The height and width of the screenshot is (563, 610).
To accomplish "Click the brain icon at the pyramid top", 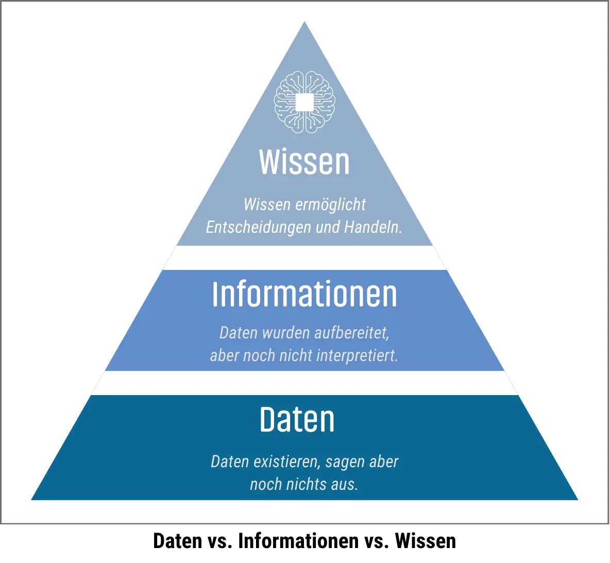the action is pyautogui.click(x=304, y=103).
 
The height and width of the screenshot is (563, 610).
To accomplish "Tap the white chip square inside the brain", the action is pyautogui.click(x=304, y=103).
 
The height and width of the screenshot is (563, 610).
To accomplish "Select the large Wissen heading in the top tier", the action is pyautogui.click(x=304, y=162).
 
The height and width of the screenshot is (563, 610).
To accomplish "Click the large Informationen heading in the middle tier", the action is pyautogui.click(x=304, y=294).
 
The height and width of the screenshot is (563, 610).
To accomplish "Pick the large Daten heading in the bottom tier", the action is pyautogui.click(x=297, y=419).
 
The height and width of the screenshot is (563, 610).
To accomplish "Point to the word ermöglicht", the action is pyautogui.click(x=330, y=204).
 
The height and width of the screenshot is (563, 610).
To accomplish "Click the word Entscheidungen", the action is pyautogui.click(x=258, y=227).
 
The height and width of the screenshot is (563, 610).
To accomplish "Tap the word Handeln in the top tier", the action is pyautogui.click(x=372, y=227).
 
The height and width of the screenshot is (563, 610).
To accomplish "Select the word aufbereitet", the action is pyautogui.click(x=352, y=333).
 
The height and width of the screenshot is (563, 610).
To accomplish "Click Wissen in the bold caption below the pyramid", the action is pyautogui.click(x=425, y=541).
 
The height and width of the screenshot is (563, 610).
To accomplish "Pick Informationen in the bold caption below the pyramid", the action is pyautogui.click(x=298, y=541).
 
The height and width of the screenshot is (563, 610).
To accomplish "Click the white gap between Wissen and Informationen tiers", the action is pyautogui.click(x=304, y=258).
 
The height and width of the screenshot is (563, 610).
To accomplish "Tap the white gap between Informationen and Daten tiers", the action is pyautogui.click(x=304, y=383).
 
